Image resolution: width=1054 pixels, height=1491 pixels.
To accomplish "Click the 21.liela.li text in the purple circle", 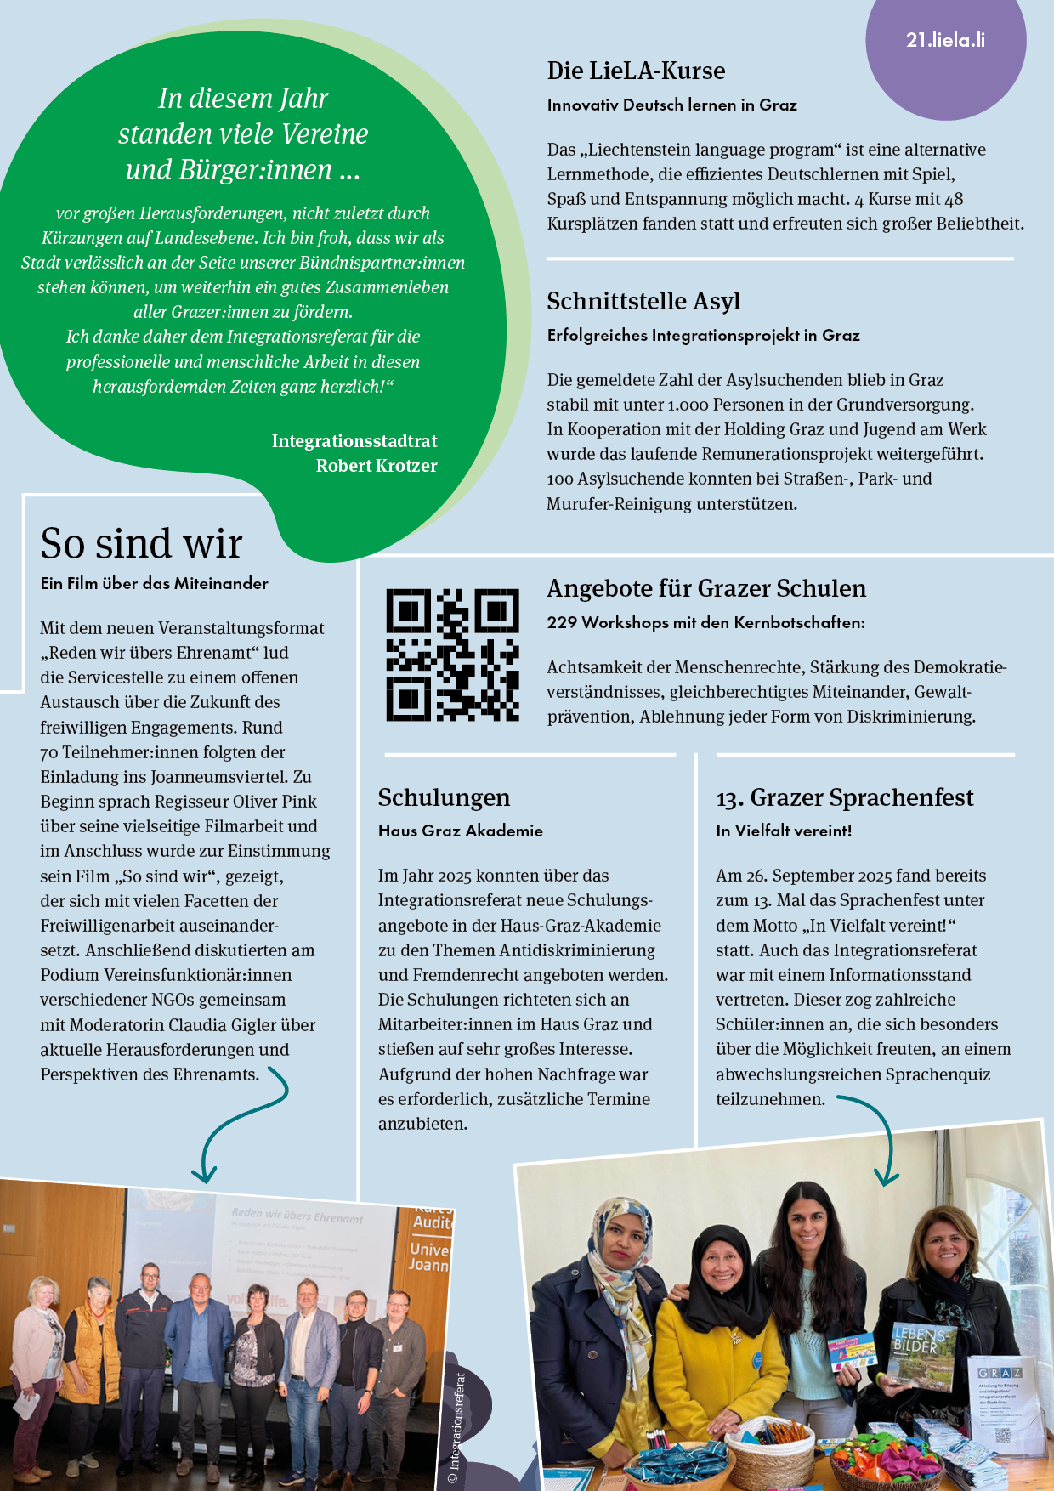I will click(x=945, y=40).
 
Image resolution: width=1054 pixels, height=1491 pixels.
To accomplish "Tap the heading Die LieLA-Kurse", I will click(x=636, y=71).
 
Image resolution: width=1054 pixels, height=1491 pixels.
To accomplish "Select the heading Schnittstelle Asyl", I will click(x=643, y=301).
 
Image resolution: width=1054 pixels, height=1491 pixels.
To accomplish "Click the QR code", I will click(x=452, y=655).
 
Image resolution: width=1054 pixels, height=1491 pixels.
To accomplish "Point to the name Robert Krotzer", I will click(x=377, y=466).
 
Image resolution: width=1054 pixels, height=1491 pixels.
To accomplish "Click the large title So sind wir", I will click(x=141, y=543).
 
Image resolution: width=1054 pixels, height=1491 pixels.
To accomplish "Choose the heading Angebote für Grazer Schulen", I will click(x=706, y=588).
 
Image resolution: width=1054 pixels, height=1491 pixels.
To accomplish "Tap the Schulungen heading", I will click(x=444, y=797).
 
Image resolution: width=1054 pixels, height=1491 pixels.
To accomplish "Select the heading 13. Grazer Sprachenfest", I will click(x=844, y=797).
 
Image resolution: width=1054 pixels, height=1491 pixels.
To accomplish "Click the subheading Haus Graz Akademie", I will click(x=460, y=831).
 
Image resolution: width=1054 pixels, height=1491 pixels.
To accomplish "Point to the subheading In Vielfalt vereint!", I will click(x=783, y=831).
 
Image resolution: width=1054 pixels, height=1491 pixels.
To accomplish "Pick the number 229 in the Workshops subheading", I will click(x=562, y=622).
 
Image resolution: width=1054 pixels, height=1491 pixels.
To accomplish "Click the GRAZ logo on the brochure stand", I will click(x=1000, y=1373).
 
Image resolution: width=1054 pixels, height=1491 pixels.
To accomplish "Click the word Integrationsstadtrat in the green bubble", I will click(x=354, y=441).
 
